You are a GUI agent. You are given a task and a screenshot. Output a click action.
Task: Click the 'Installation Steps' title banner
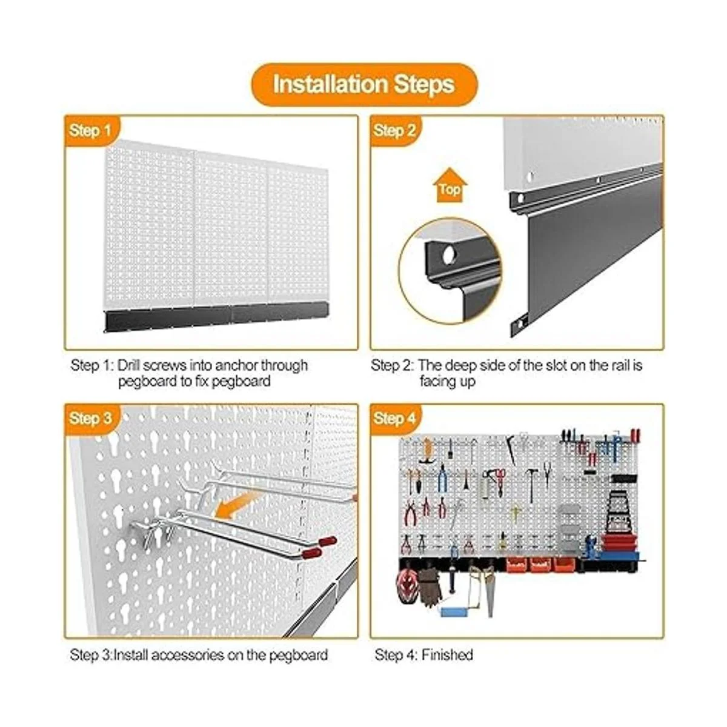(x=363, y=84)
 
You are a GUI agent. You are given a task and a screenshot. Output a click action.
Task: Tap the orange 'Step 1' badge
(x=90, y=130)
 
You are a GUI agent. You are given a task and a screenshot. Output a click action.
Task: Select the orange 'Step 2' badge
(x=394, y=130)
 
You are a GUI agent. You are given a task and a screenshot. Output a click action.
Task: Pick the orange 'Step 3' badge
(x=90, y=419)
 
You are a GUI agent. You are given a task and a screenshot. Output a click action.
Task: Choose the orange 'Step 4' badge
(x=394, y=419)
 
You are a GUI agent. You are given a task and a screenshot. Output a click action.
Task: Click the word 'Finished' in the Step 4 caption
(x=448, y=654)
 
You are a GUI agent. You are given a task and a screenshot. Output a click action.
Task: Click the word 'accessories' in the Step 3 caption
(x=186, y=654)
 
